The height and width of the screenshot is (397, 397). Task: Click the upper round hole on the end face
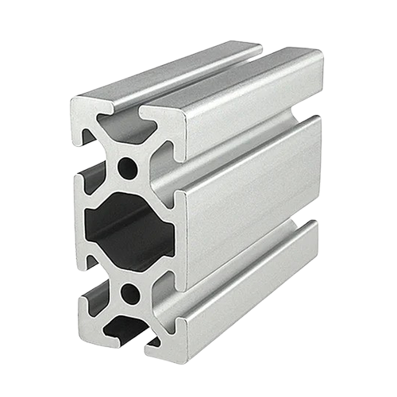pyautogui.click(x=126, y=168)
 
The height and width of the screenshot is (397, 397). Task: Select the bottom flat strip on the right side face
pyautogui.click(x=246, y=306)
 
